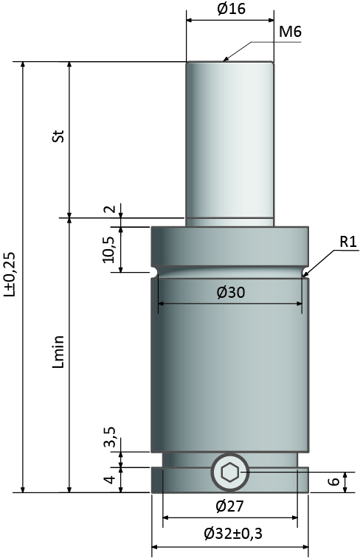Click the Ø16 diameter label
pyautogui.click(x=231, y=9)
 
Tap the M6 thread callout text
pyautogui.click(x=290, y=32)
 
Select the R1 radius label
pyautogui.click(x=348, y=242)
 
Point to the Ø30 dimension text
pyautogui.click(x=231, y=293)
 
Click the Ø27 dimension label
pyautogui.click(x=230, y=506)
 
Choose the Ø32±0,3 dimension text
pyautogui.click(x=233, y=534)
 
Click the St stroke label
pyautogui.click(x=59, y=135)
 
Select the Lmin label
pyautogui.click(x=59, y=352)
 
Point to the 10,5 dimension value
pyautogui.click(x=109, y=250)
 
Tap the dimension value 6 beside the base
pyautogui.click(x=333, y=481)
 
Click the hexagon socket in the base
pyautogui.click(x=230, y=472)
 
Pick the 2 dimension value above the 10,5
pyautogui.click(x=111, y=209)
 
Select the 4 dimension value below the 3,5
pyautogui.click(x=111, y=479)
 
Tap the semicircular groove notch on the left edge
pyautogui.click(x=154, y=272)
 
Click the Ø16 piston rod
pyautogui.click(x=230, y=142)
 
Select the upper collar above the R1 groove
pyautogui.click(x=230, y=246)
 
